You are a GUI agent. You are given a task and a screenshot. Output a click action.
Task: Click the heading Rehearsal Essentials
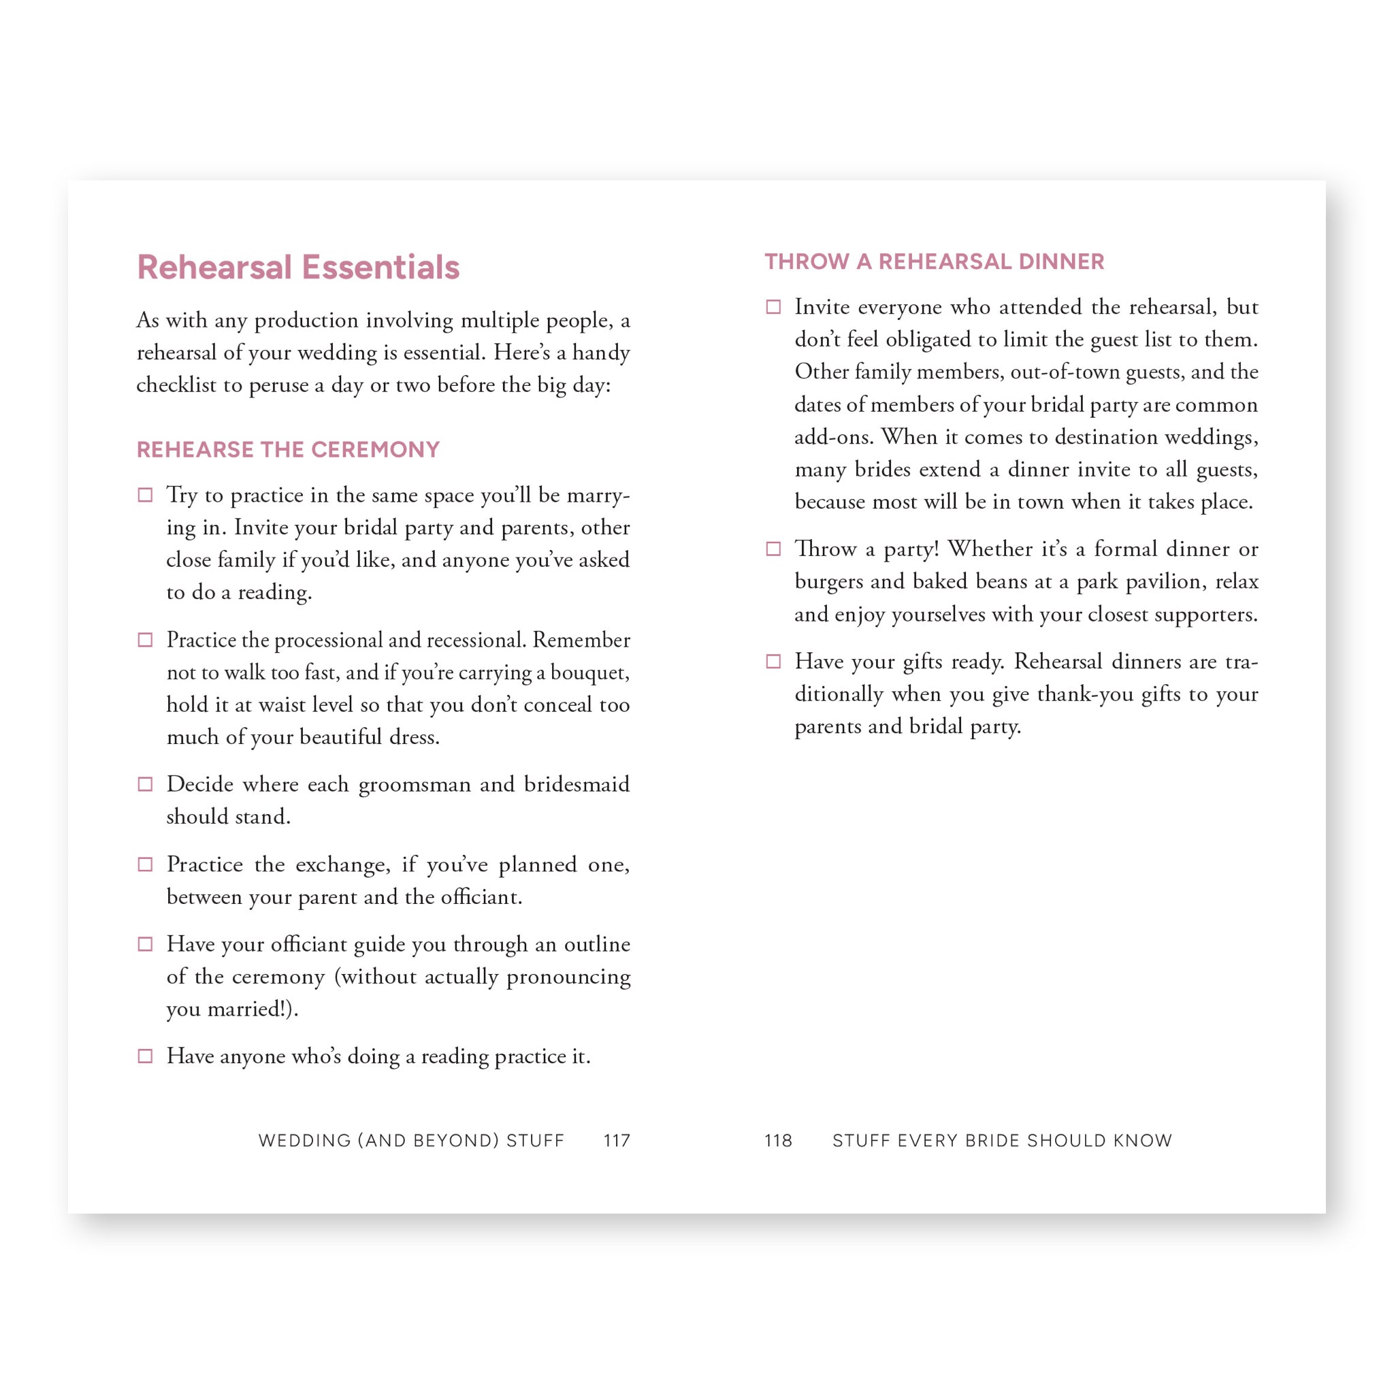click(x=298, y=268)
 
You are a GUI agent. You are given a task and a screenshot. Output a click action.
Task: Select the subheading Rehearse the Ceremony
click(x=288, y=449)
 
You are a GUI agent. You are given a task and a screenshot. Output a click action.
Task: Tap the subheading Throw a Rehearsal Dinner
click(x=934, y=261)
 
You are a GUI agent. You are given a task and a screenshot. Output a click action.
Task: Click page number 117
click(x=617, y=1141)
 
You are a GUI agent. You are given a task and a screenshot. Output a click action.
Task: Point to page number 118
click(x=778, y=1141)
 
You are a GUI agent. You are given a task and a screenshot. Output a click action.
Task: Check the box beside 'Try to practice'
click(x=145, y=495)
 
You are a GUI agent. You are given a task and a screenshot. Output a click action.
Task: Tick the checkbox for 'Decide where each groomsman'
click(x=145, y=784)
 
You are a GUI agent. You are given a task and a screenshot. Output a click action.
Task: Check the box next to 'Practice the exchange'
click(x=145, y=864)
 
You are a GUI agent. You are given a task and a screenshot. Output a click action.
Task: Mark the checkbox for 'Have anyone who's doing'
click(x=145, y=1056)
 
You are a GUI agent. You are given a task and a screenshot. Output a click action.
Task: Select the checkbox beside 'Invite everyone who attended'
click(x=773, y=308)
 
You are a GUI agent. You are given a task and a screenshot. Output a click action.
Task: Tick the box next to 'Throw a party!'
click(x=773, y=549)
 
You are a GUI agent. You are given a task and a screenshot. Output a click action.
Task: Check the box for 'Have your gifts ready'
click(x=773, y=662)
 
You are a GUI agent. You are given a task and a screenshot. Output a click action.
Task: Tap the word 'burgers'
click(x=828, y=581)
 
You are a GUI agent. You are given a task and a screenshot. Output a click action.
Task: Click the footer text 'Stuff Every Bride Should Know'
click(x=1002, y=1141)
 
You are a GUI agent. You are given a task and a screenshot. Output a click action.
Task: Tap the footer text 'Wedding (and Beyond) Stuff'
click(x=411, y=1141)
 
